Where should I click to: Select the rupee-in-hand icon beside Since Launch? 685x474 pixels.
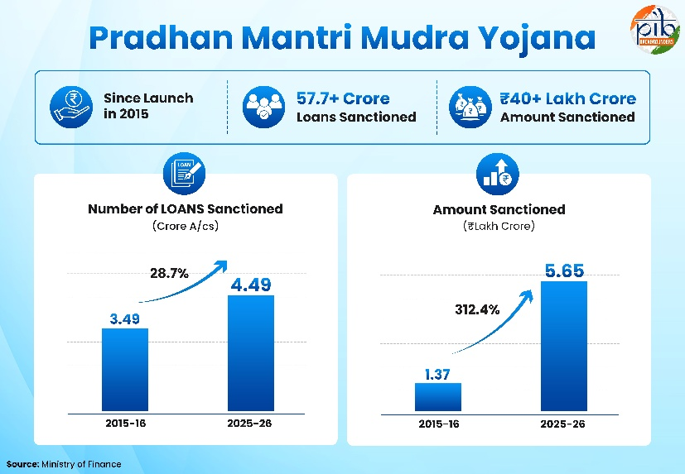70,107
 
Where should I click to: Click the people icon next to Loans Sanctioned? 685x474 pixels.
263,107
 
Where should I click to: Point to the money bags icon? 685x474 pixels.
470,107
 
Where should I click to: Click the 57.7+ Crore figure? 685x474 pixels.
343,98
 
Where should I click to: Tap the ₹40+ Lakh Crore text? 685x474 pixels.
568,98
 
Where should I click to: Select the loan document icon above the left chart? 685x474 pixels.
185,174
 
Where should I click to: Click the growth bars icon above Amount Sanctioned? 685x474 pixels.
498,175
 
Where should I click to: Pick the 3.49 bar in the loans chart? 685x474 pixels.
125,370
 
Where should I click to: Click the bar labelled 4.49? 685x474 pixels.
251,353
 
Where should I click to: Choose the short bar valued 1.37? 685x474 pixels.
437,397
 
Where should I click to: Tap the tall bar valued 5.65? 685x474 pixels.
564,346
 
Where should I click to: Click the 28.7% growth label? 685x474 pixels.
169,273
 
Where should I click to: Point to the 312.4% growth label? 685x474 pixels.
477,309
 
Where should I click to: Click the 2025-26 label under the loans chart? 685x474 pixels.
249,423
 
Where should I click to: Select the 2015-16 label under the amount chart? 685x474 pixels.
439,424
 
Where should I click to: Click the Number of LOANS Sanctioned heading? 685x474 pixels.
186,208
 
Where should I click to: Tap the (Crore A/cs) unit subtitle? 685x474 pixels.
186,226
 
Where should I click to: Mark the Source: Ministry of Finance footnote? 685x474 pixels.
64,464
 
